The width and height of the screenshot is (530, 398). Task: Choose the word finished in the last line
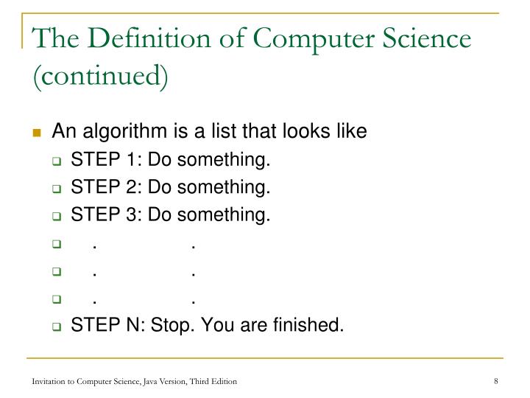coord(311,324)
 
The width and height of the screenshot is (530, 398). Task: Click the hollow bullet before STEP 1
coord(57,161)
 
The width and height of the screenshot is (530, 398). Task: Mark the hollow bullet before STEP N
coord(57,325)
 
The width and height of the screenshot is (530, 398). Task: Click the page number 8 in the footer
coord(497,381)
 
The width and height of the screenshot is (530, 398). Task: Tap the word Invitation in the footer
coord(48,381)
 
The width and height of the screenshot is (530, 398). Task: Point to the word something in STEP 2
coord(230,187)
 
